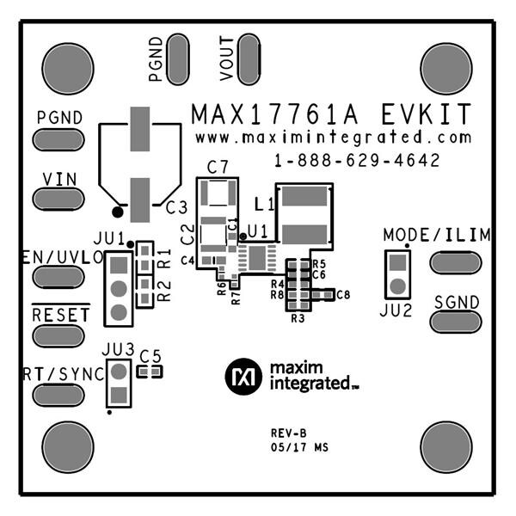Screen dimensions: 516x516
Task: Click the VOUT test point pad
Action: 249,59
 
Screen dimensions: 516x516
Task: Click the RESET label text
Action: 59,315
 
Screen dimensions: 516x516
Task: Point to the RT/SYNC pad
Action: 58,394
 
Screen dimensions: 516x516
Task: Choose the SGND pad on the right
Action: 455,322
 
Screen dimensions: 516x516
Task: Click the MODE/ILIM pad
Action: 455,262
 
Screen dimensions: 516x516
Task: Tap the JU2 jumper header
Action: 397,273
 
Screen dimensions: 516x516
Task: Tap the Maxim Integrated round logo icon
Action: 242,376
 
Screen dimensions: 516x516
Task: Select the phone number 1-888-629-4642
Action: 358,161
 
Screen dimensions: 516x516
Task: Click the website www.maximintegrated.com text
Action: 333,138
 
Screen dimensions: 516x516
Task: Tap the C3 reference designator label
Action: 175,206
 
